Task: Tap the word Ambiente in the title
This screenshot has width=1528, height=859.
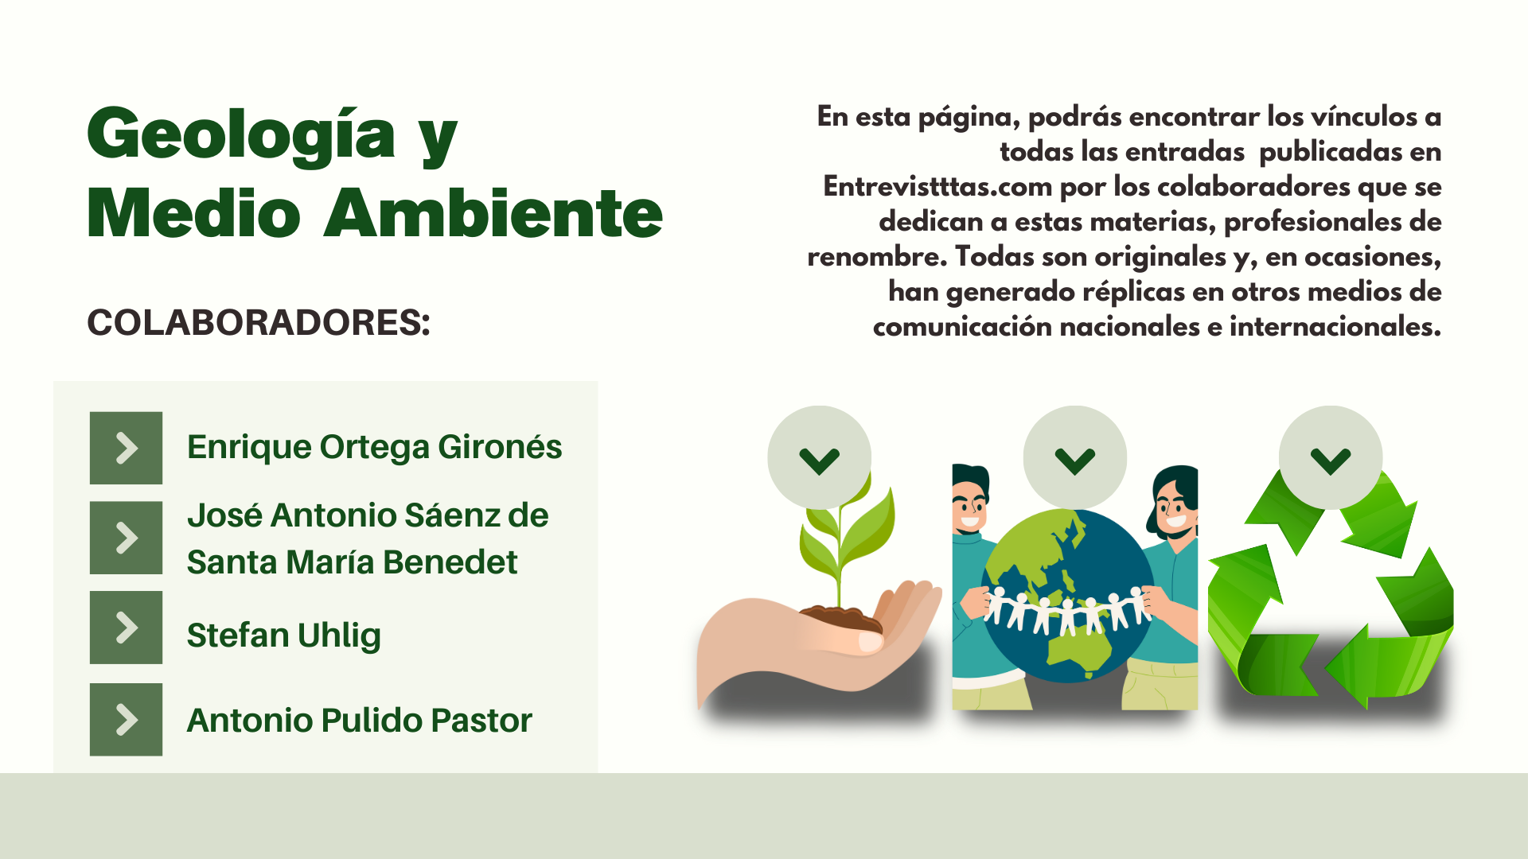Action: tap(493, 213)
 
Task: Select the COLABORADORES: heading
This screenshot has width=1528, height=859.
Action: tap(259, 322)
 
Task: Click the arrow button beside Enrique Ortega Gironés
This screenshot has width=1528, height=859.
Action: tap(126, 448)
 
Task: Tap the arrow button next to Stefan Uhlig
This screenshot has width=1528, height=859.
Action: tap(126, 628)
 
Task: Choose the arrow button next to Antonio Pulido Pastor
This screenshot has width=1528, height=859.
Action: tap(126, 719)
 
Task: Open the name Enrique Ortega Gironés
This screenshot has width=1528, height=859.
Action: tap(374, 448)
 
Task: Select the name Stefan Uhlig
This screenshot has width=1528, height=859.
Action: tap(284, 636)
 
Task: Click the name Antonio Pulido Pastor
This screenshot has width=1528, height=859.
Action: tap(359, 720)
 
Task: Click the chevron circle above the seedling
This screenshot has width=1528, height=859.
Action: tap(820, 457)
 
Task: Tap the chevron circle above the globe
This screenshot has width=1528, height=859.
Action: tap(1075, 457)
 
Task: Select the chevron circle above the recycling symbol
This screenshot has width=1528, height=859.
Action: tap(1331, 457)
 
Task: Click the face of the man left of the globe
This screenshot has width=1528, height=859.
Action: tap(970, 509)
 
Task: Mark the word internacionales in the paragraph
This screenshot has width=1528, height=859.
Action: tap(1335, 327)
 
